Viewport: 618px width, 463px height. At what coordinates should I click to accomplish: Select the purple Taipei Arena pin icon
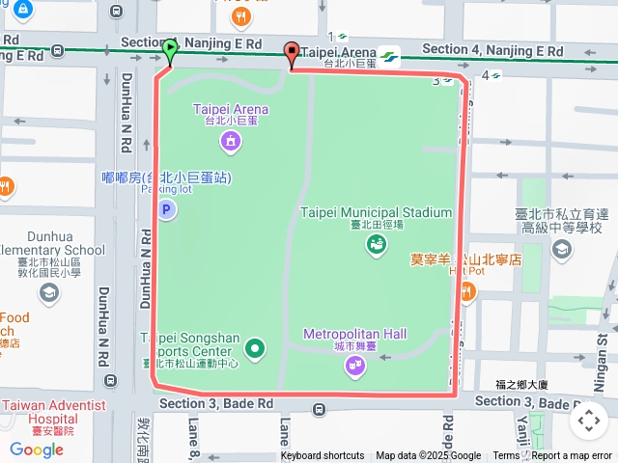point(231,144)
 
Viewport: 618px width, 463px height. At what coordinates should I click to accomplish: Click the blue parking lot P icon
point(167,209)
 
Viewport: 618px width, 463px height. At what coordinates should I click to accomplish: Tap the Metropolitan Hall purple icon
point(355,366)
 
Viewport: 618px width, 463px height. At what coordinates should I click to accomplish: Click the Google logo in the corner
point(36,449)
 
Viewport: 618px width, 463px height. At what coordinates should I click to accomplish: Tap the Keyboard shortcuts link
point(323,456)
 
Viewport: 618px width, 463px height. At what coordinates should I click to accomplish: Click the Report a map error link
point(572,456)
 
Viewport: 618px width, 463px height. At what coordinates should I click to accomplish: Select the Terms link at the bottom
point(506,456)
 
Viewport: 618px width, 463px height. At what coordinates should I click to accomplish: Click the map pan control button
point(588,421)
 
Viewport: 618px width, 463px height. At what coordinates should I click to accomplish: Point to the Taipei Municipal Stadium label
point(376,212)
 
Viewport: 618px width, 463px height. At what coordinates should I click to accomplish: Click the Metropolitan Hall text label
point(354,334)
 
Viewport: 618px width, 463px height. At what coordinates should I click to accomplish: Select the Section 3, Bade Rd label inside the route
point(217,403)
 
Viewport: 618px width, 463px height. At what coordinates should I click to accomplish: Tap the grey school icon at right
point(561,251)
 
